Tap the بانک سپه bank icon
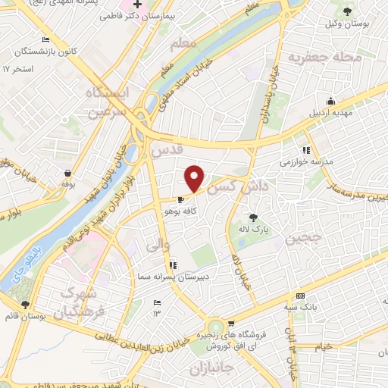300,296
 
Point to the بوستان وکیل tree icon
348,11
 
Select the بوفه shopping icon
69,173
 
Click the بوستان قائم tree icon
27,304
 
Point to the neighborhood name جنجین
303,238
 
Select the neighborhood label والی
152,245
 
